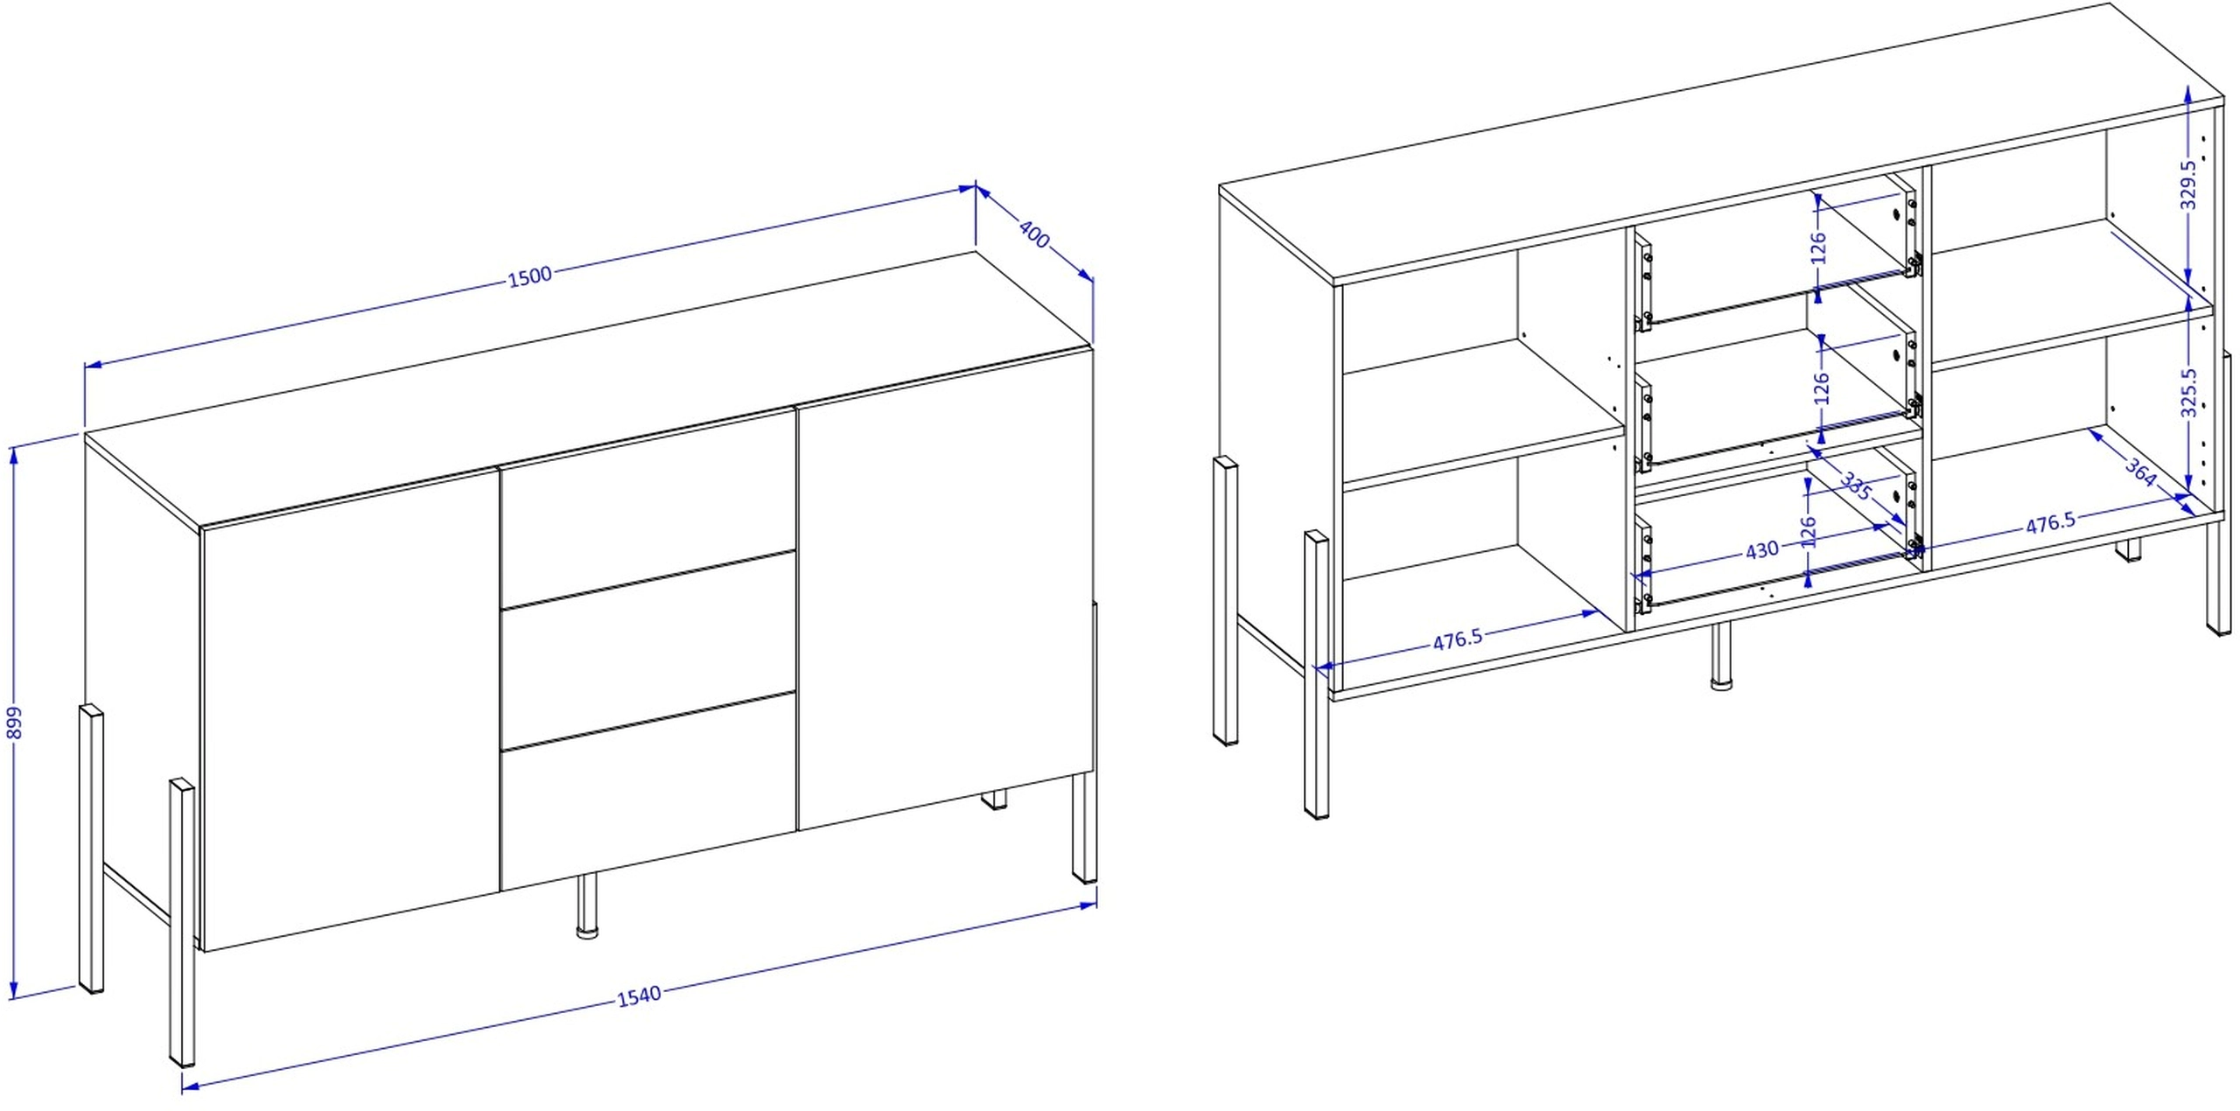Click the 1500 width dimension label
(529, 276)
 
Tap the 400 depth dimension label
(1034, 234)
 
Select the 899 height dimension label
(14, 723)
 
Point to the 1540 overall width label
(639, 996)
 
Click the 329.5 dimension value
(2187, 185)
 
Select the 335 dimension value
(1856, 486)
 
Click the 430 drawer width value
(1761, 549)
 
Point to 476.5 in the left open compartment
(1458, 639)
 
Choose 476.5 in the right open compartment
(2050, 522)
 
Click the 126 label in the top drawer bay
(1818, 248)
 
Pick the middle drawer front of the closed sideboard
(648, 649)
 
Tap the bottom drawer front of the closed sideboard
(648, 793)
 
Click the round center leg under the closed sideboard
(587, 905)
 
